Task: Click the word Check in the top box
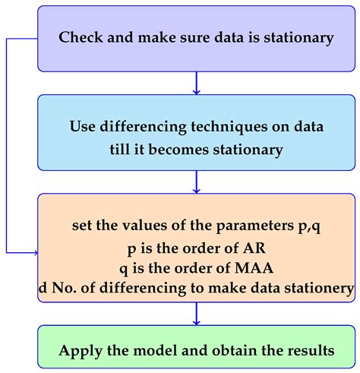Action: click(81, 37)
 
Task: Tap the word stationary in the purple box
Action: click(298, 38)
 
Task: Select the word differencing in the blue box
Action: click(143, 127)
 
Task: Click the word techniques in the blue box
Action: click(229, 127)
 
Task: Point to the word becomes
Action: click(178, 149)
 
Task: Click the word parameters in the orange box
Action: click(254, 226)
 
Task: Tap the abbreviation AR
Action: click(254, 248)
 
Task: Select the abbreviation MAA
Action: click(254, 268)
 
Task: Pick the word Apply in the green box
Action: click(81, 351)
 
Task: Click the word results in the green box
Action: click(311, 350)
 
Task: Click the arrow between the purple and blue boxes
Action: click(196, 83)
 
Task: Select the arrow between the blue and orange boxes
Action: click(196, 182)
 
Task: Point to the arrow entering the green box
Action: click(196, 314)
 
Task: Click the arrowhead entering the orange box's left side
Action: click(36, 252)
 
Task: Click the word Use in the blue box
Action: click(82, 126)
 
